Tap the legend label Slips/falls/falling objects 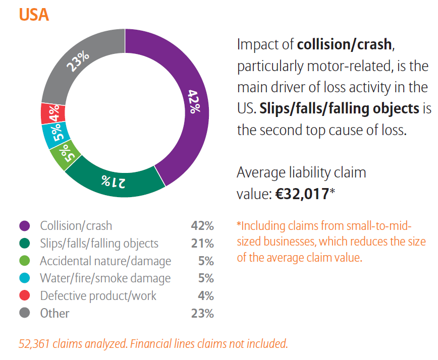99,244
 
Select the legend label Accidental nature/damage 105,261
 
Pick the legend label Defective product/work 98,295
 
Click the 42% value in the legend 202,226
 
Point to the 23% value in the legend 202,313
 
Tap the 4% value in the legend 205,295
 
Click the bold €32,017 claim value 302,194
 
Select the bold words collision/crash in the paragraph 344,44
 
